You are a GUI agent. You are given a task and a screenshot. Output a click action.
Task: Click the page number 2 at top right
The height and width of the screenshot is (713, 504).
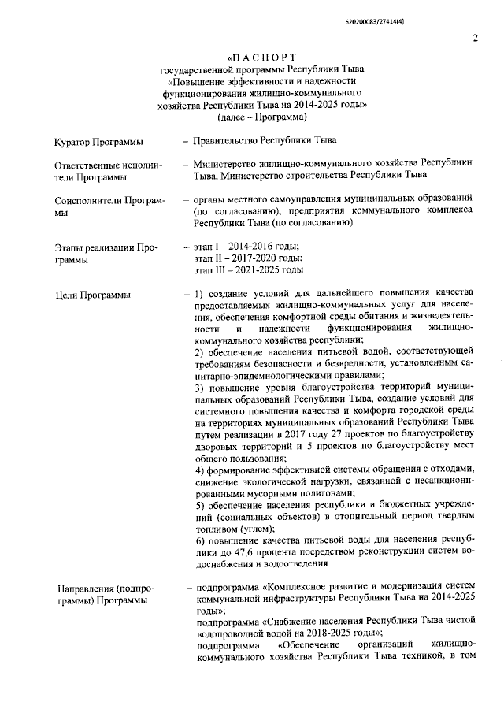point(476,38)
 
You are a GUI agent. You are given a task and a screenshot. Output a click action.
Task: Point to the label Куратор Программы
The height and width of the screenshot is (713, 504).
point(99,142)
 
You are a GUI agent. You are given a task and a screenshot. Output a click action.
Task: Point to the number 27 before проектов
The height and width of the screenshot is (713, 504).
point(339,435)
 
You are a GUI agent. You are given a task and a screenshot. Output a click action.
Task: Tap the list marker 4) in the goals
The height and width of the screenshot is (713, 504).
point(200,470)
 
